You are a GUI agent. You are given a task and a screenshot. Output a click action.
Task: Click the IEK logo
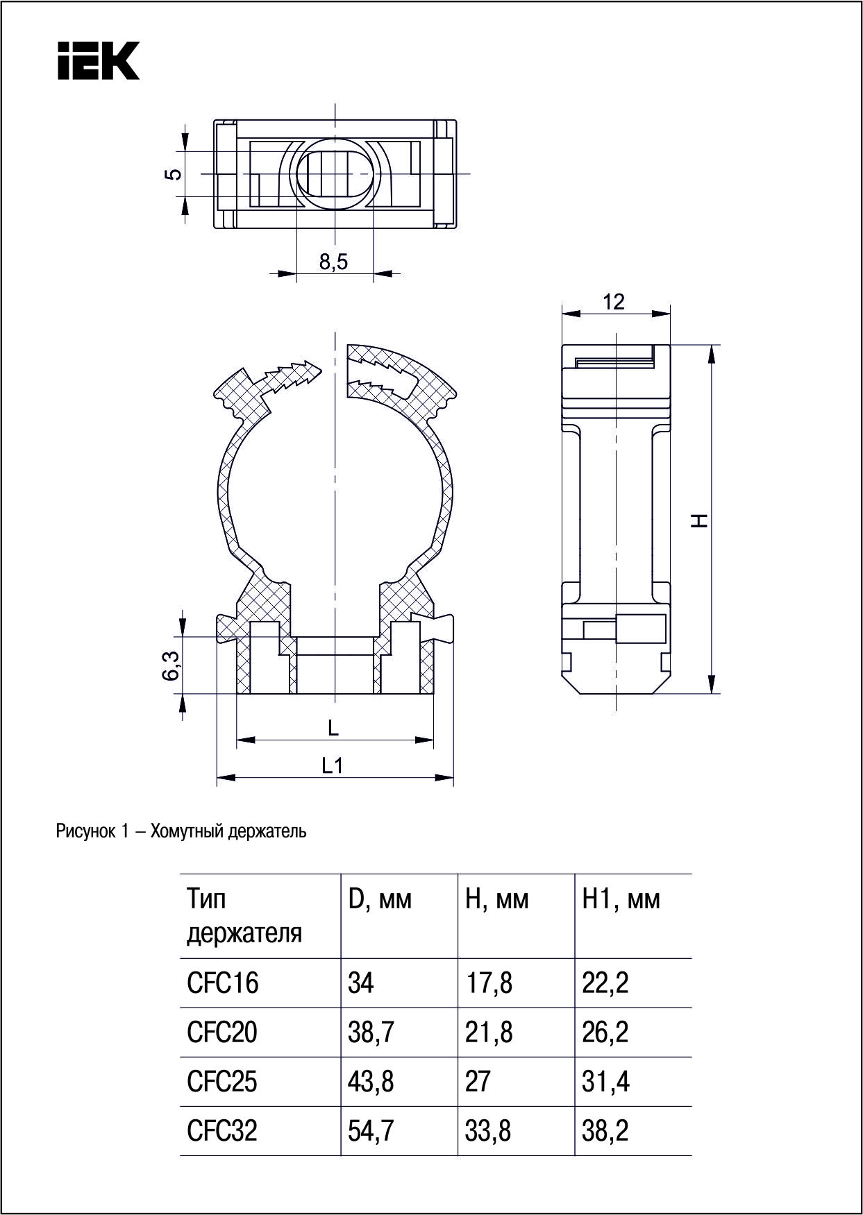pyautogui.click(x=98, y=60)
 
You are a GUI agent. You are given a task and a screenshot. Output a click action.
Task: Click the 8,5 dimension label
pyautogui.click(x=333, y=262)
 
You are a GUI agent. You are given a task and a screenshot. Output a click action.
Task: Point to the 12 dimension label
pyautogui.click(x=614, y=302)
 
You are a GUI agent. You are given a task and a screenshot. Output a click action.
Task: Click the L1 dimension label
pyautogui.click(x=333, y=765)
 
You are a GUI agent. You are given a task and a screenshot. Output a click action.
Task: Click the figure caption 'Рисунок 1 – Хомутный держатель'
pyautogui.click(x=181, y=831)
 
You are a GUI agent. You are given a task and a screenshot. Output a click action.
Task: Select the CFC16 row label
pyautogui.click(x=222, y=983)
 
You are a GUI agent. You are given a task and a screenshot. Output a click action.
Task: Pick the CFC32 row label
pyautogui.click(x=222, y=1130)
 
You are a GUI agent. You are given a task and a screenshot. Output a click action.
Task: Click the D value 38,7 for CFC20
pyautogui.click(x=371, y=1032)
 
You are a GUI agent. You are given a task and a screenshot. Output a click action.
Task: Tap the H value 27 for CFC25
pyautogui.click(x=478, y=1081)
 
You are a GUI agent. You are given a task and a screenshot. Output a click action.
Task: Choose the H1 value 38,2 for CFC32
pyautogui.click(x=605, y=1130)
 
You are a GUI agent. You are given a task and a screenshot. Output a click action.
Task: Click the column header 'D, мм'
pyautogui.click(x=379, y=899)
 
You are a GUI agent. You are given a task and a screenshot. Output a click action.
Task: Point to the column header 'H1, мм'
pyautogui.click(x=621, y=899)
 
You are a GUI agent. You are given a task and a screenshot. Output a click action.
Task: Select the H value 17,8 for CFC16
pyautogui.click(x=489, y=983)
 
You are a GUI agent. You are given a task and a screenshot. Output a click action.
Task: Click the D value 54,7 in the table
pyautogui.click(x=371, y=1130)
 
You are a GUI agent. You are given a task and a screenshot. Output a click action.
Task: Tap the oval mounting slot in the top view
pyautogui.click(x=335, y=172)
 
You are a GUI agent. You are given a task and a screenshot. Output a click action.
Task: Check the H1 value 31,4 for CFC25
pyautogui.click(x=605, y=1081)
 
